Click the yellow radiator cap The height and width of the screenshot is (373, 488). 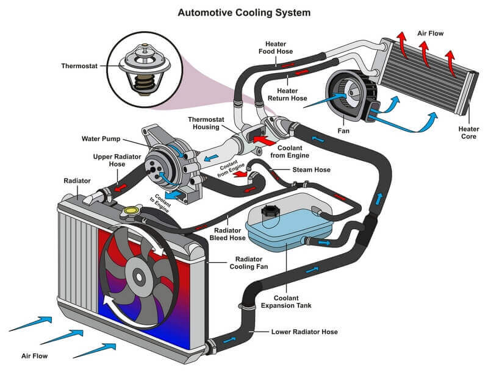pyautogui.click(x=129, y=211)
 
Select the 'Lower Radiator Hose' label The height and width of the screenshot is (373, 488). pyautogui.click(x=303, y=332)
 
